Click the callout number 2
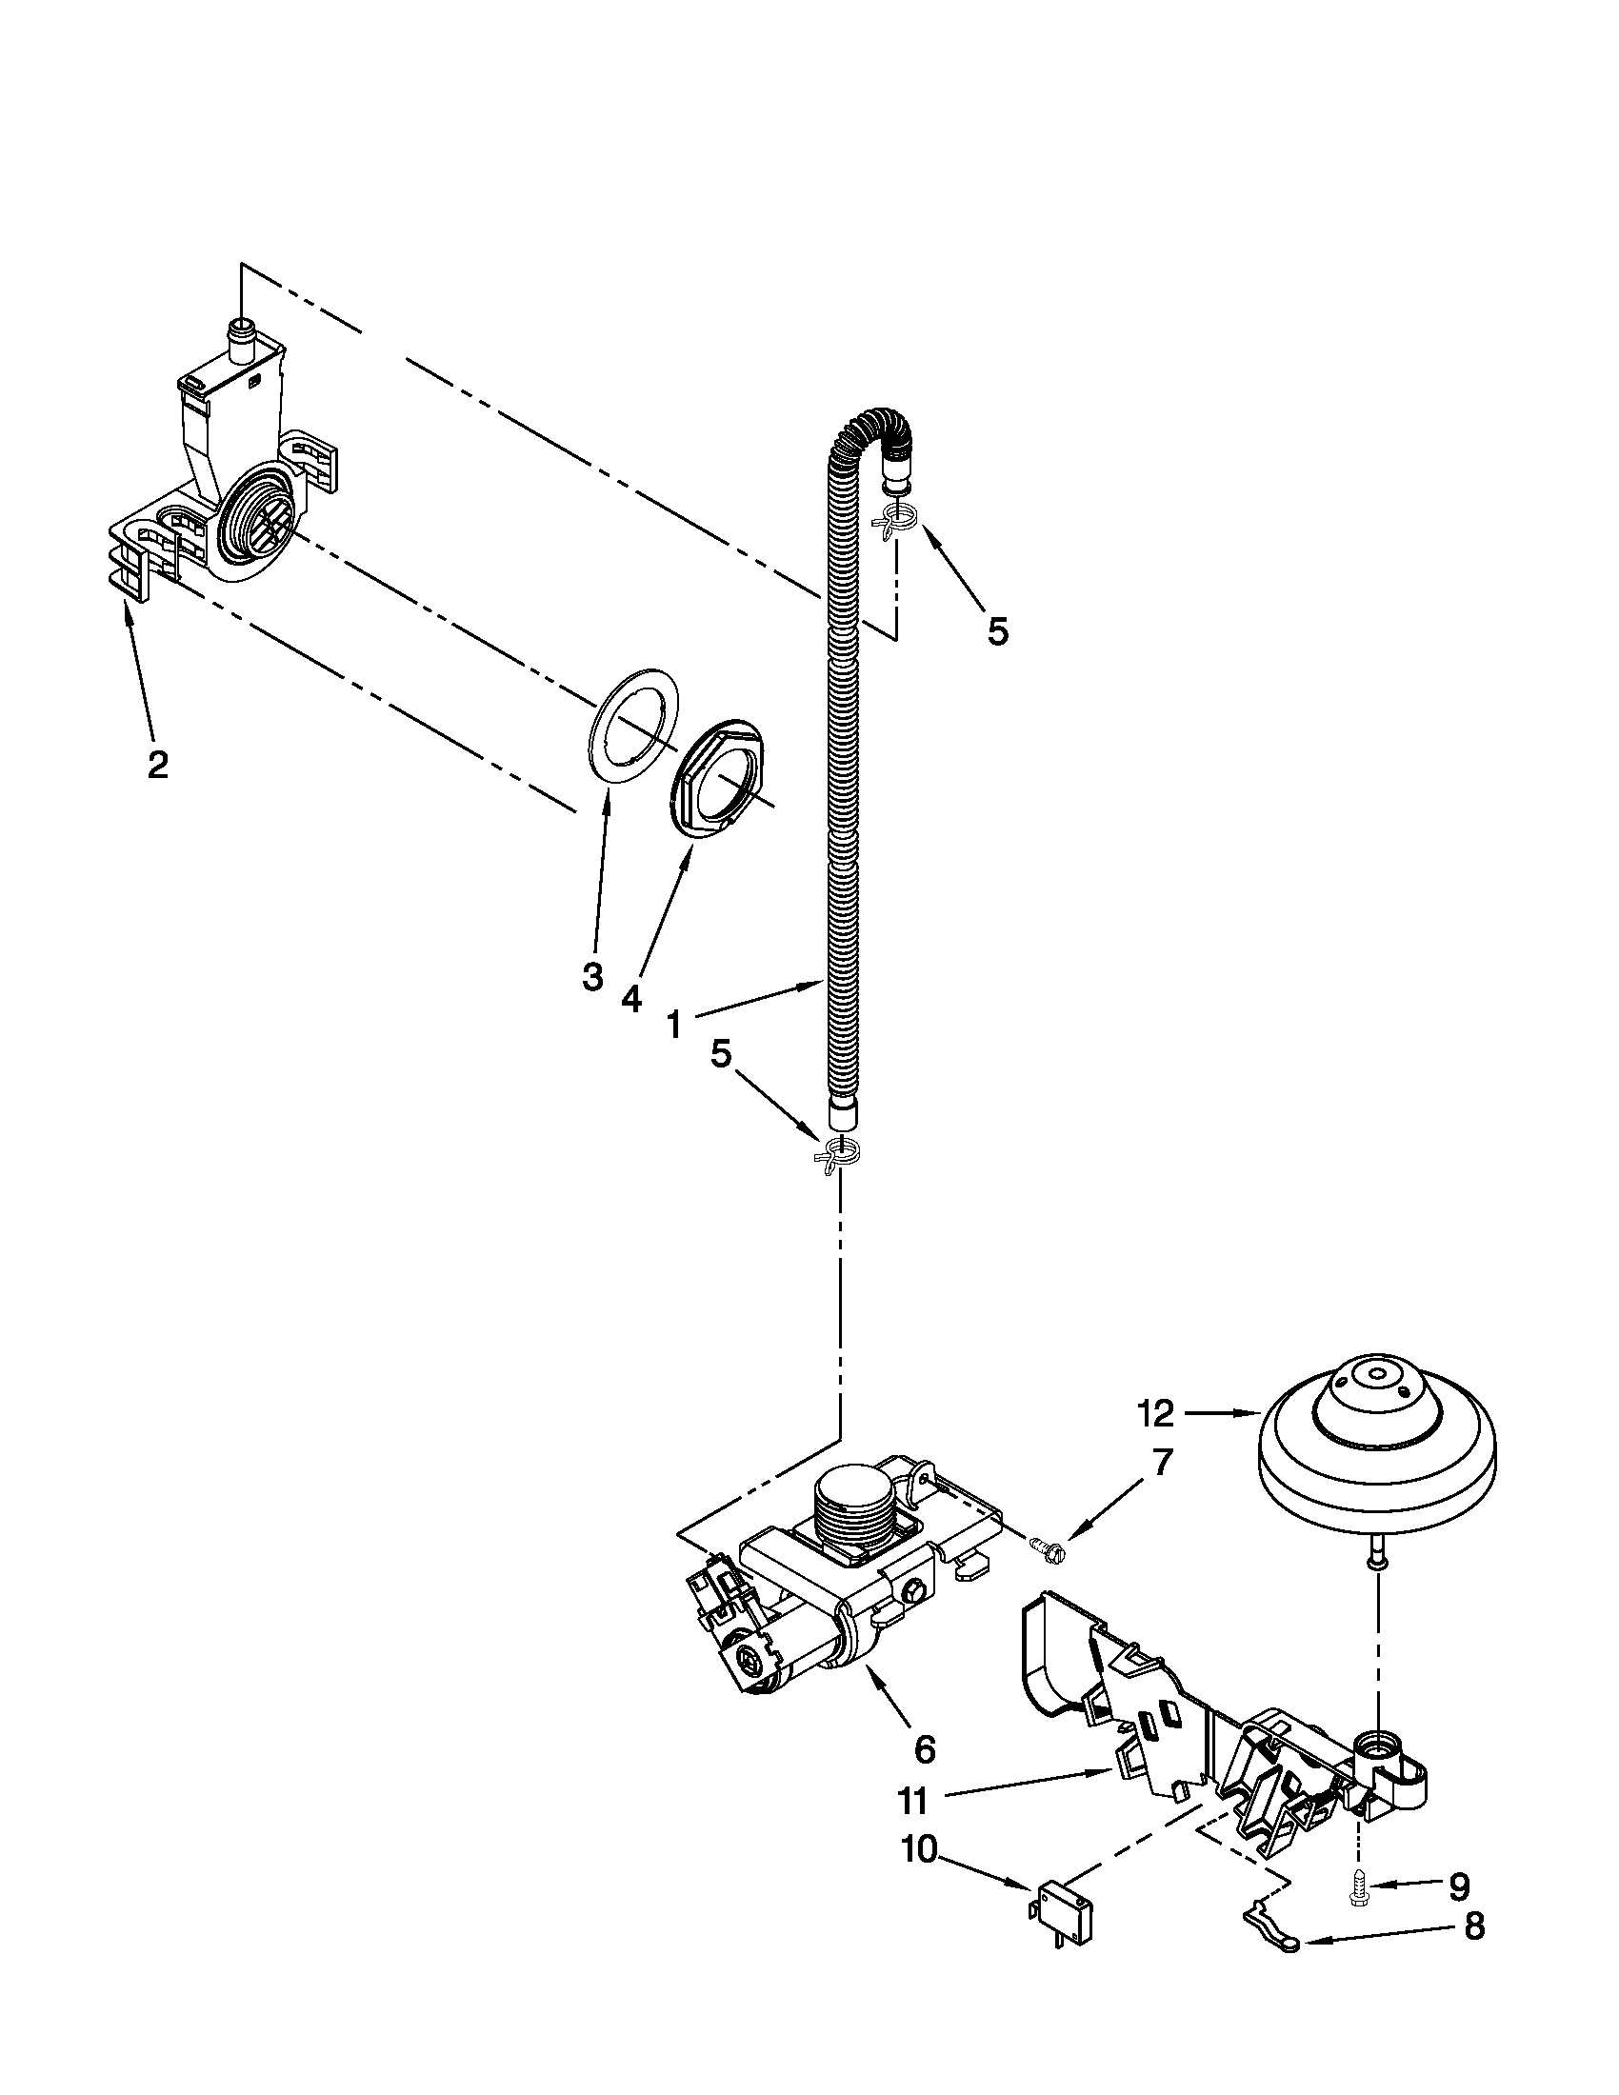[x=157, y=765]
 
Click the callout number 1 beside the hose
[x=674, y=1026]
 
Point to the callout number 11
[x=913, y=1802]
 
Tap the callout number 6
[x=924, y=1748]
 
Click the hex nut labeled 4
[x=718, y=782]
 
